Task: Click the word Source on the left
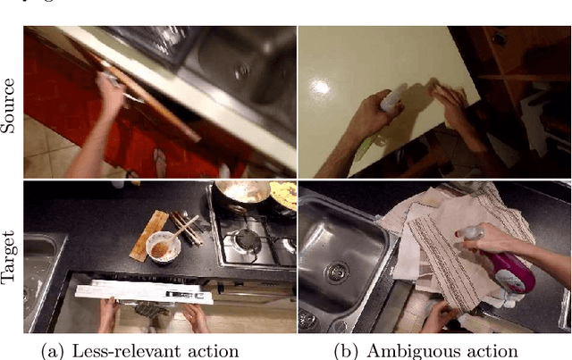click(x=9, y=105)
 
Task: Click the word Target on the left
click(x=9, y=256)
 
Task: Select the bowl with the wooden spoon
click(x=163, y=247)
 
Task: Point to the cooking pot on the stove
click(x=241, y=193)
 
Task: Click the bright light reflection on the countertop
click(x=322, y=88)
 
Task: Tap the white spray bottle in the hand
click(x=392, y=96)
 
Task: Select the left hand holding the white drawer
click(x=108, y=314)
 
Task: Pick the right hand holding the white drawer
click(x=196, y=317)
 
